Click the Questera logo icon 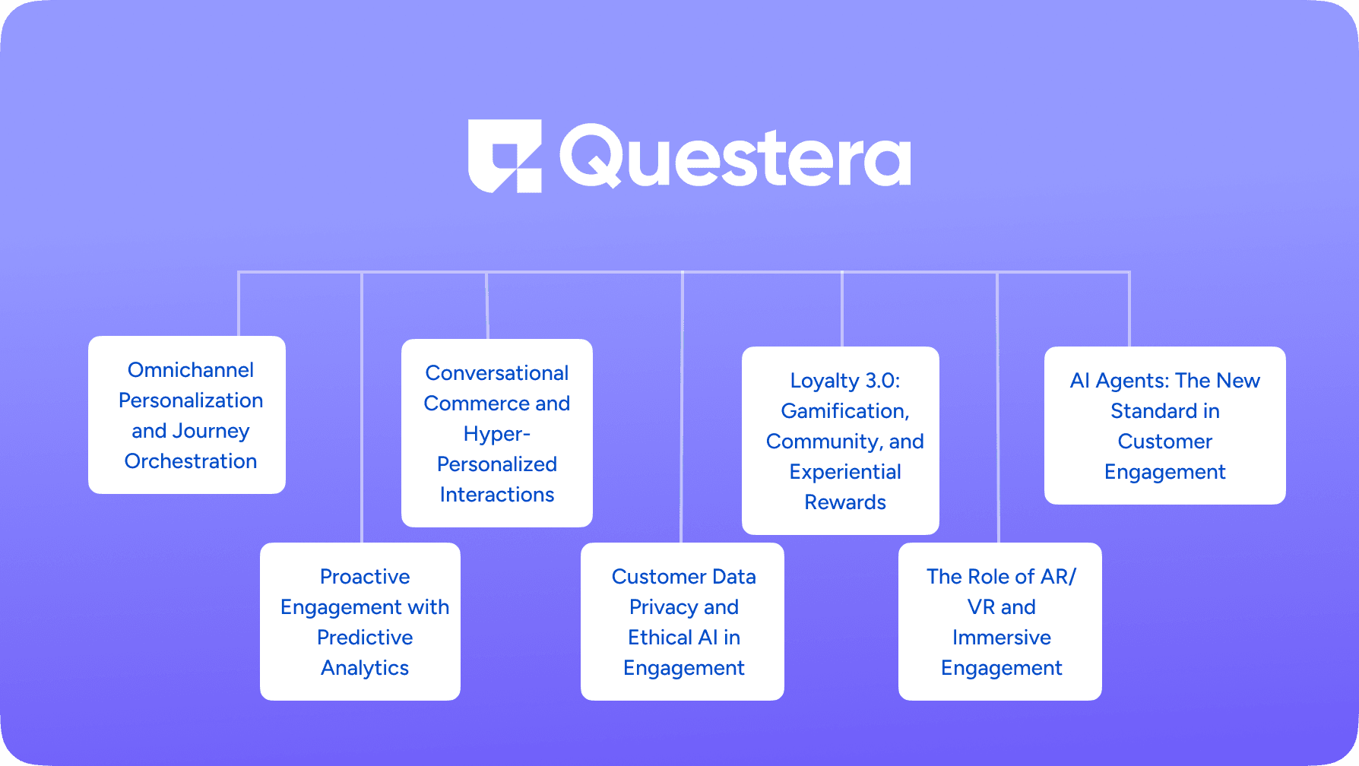click(505, 156)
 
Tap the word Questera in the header click(734, 157)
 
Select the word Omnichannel click(191, 370)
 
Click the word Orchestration click(191, 461)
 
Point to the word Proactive click(365, 577)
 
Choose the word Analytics click(365, 668)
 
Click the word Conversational click(497, 373)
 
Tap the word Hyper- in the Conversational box click(497, 434)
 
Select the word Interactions click(497, 495)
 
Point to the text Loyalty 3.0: click(845, 381)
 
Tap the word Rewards click(845, 502)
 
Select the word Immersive click(1002, 638)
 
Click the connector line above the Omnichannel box click(239, 304)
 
